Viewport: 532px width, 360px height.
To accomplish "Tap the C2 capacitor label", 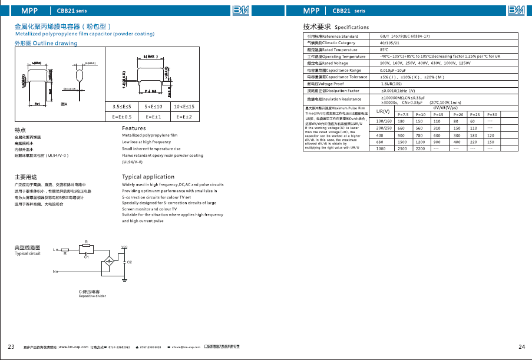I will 130,261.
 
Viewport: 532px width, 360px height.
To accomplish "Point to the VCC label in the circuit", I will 124,246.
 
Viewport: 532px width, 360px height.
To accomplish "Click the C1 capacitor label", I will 87,257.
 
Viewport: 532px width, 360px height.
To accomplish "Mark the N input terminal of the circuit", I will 54,272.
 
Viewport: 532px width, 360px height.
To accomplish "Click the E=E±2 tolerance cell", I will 183,116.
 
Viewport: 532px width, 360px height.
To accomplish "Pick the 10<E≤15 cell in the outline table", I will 183,106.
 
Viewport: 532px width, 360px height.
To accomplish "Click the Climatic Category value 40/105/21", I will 389,43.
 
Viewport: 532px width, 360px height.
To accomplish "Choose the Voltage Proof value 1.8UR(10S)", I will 393,84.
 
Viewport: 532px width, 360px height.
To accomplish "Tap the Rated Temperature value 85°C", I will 384,50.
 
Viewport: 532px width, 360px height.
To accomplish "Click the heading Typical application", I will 148,177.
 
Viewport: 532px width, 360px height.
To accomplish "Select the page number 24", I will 521,346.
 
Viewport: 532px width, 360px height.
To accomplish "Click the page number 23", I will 11,346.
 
